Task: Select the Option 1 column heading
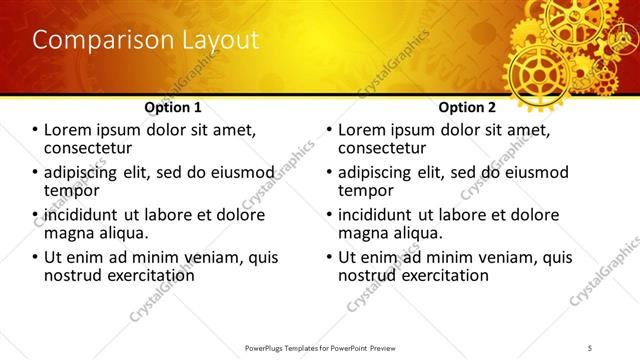coord(173,107)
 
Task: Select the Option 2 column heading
coord(467,107)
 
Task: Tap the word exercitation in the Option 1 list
coord(145,275)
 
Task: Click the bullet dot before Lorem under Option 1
coord(34,130)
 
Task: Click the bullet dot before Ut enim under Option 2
coord(328,257)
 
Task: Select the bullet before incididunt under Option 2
coord(328,215)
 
